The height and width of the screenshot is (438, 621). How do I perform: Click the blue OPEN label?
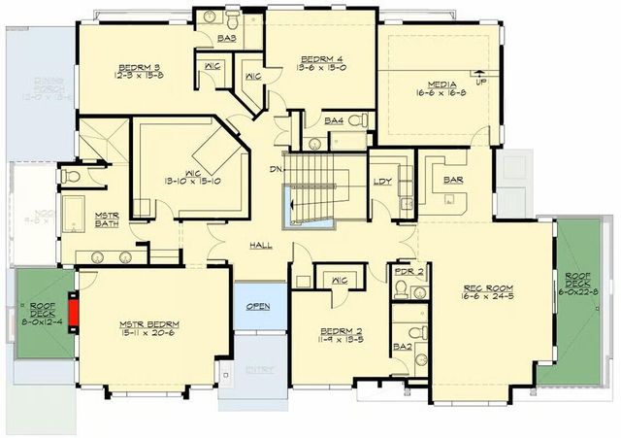click(x=258, y=306)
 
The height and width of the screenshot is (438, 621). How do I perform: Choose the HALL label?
click(x=261, y=245)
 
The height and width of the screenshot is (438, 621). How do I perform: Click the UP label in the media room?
click(x=480, y=82)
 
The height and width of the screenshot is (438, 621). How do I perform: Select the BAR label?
click(x=452, y=181)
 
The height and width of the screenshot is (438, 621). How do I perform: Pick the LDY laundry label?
click(x=382, y=181)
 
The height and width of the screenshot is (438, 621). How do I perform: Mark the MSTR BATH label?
click(x=106, y=220)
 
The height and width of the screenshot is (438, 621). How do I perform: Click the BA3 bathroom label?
click(x=228, y=38)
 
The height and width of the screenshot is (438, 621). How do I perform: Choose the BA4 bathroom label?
click(x=334, y=120)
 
